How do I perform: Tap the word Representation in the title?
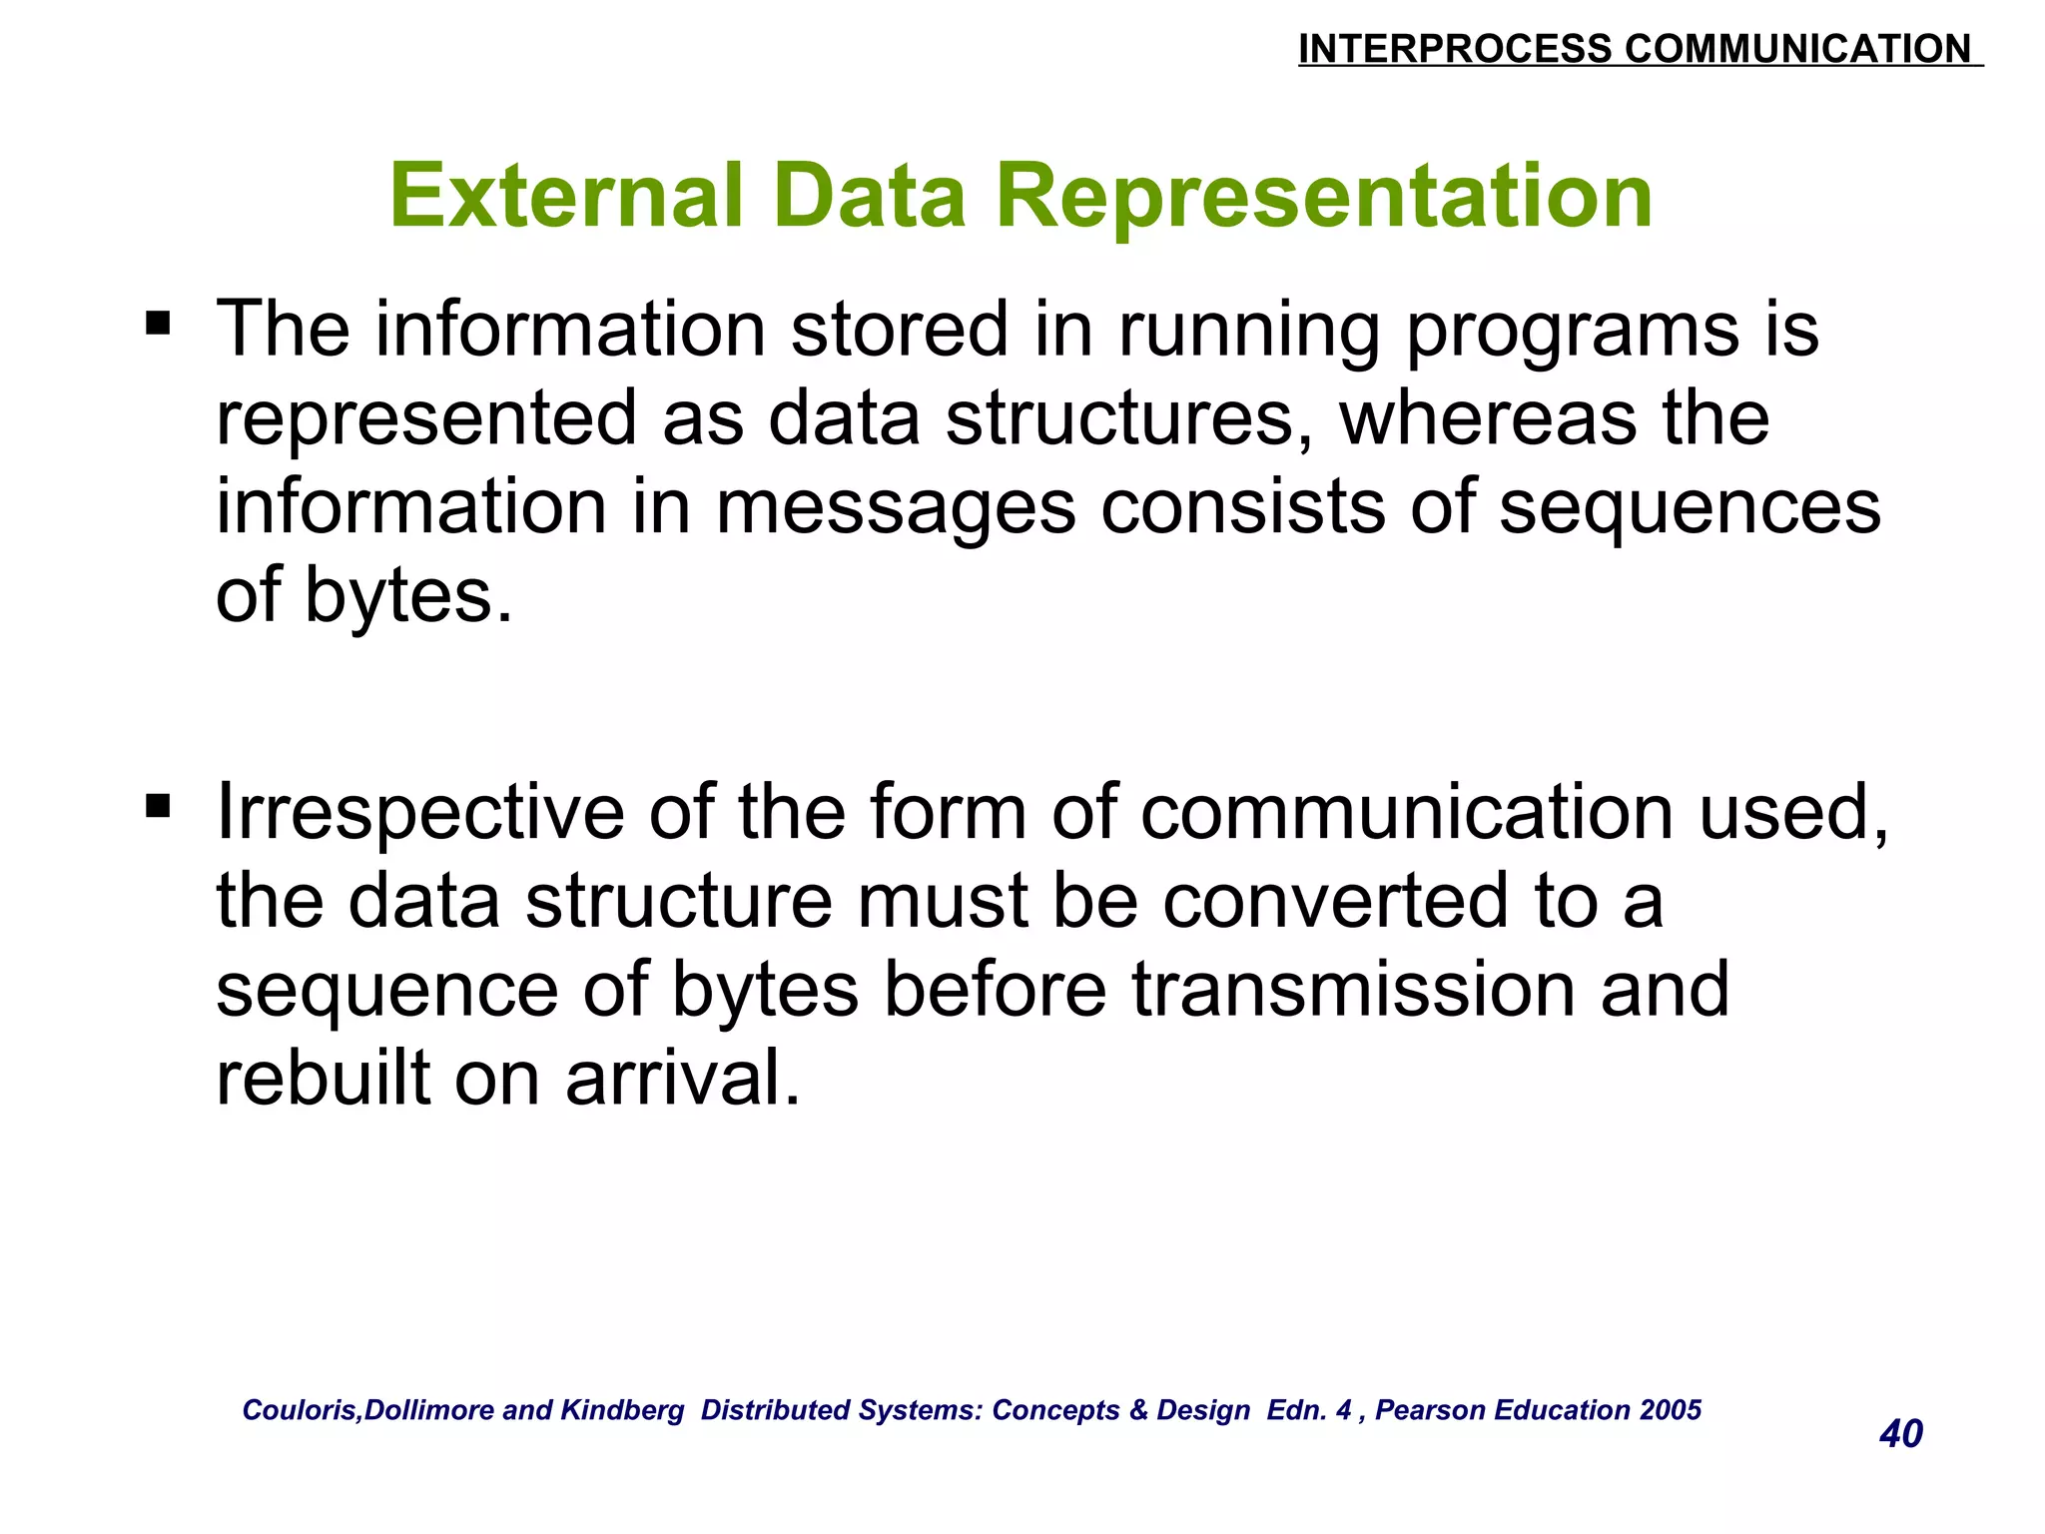[x=1324, y=196]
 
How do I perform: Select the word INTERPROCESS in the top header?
[x=1454, y=49]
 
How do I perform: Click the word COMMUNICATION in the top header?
[x=1797, y=49]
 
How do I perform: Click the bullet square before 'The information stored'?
[x=158, y=324]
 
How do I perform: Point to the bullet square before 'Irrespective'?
[x=158, y=805]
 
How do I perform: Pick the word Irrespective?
[x=419, y=812]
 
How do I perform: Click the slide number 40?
[x=1900, y=1434]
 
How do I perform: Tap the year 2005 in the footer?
[x=1670, y=1410]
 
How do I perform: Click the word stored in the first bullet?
[x=899, y=330]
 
